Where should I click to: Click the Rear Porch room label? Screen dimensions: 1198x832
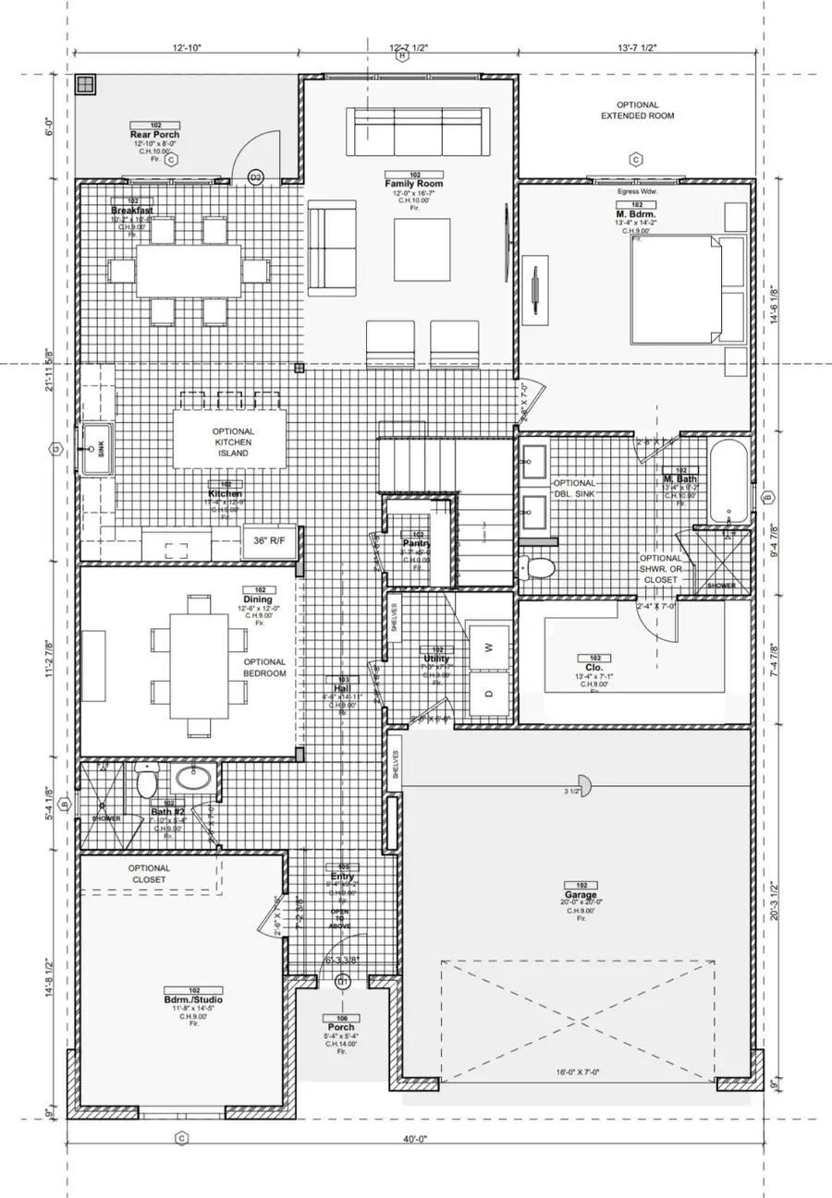coord(154,135)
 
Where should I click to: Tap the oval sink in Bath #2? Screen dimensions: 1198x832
coord(194,779)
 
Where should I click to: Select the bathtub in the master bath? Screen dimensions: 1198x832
coord(728,481)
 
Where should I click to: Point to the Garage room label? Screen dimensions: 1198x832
coord(581,894)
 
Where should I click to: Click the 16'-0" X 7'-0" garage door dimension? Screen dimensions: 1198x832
coord(579,1072)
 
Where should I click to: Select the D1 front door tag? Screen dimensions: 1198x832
coord(342,981)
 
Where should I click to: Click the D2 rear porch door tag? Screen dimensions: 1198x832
coord(256,176)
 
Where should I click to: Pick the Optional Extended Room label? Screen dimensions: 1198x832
coord(637,111)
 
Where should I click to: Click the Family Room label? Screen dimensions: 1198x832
coord(414,184)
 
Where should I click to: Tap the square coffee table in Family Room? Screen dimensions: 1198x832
coord(422,249)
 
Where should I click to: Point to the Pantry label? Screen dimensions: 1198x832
coord(417,543)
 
